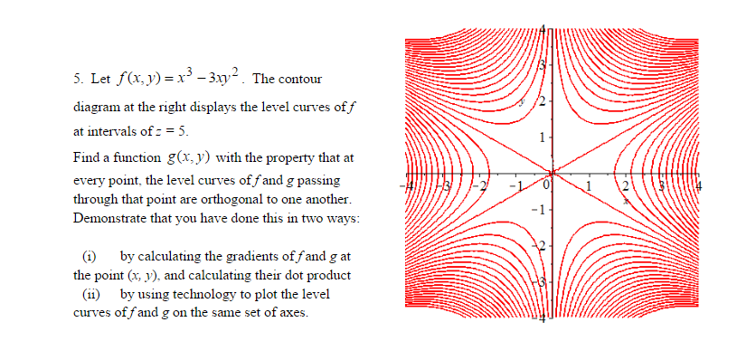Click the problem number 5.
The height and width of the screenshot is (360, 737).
75,79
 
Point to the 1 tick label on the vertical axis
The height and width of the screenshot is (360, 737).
541,137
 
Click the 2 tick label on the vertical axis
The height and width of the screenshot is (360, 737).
541,99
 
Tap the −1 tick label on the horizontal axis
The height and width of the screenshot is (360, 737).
512,185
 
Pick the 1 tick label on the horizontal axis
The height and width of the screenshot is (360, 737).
589,185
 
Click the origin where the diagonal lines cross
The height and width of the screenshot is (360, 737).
551,172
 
